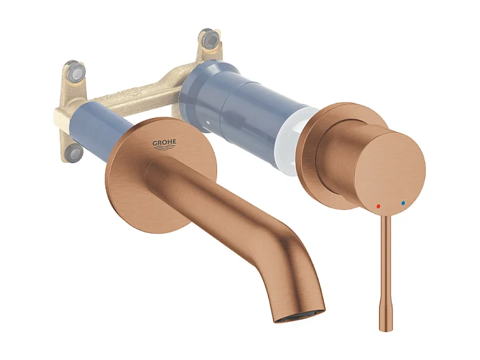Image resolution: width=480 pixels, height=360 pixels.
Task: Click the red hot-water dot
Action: (x=379, y=206)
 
